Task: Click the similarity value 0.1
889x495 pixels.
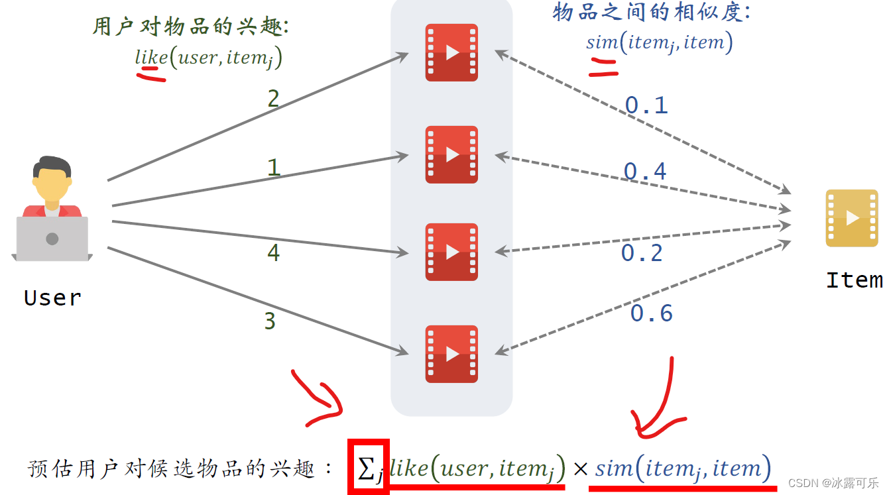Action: click(x=646, y=105)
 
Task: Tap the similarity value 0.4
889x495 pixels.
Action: click(x=645, y=172)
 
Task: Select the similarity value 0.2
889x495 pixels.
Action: click(x=642, y=253)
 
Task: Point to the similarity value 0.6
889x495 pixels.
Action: click(x=651, y=313)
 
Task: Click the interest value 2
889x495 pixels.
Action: click(x=273, y=99)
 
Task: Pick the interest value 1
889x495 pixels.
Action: click(x=273, y=168)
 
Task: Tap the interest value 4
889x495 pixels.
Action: click(x=273, y=252)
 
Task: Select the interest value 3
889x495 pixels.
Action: click(x=270, y=321)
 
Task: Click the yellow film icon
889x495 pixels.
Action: click(x=851, y=218)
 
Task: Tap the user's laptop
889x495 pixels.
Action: click(x=52, y=239)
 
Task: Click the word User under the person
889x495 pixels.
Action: click(x=52, y=298)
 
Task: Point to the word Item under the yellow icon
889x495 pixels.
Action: click(x=854, y=280)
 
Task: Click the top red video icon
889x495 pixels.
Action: click(x=451, y=52)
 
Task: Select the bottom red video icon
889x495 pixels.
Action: click(x=451, y=354)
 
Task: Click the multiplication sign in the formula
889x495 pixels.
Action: click(x=580, y=469)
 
